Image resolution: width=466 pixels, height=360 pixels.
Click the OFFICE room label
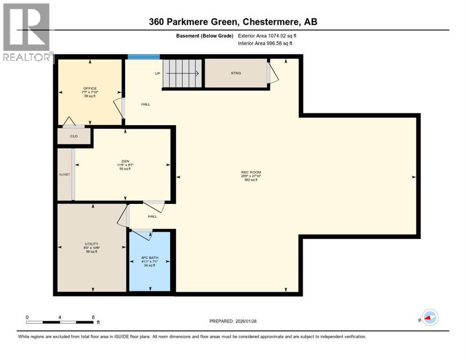90,88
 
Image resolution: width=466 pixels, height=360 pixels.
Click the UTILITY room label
91,244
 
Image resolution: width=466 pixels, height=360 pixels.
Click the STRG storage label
235,73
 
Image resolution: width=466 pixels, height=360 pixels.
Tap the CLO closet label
74,136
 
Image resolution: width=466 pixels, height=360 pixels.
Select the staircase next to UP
182,74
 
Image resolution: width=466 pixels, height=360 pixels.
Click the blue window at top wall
143,57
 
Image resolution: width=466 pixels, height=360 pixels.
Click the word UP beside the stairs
158,73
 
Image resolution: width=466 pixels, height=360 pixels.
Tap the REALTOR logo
27,32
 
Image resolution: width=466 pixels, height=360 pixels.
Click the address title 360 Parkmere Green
233,22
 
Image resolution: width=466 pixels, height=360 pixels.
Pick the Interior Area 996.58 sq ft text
265,44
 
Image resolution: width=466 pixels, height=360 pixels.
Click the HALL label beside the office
146,104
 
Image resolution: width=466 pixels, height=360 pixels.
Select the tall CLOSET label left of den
64,174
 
